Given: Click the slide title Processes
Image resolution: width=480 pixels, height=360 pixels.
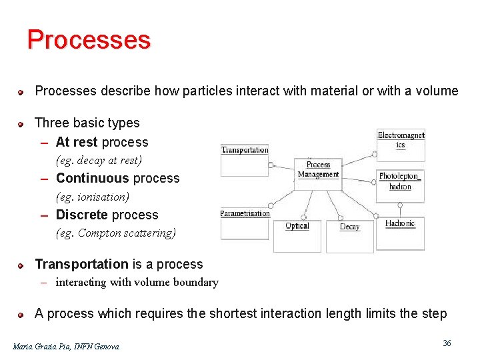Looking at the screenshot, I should pyautogui.click(x=89, y=40).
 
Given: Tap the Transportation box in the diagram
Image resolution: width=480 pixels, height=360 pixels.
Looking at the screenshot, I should pyautogui.click(x=244, y=160).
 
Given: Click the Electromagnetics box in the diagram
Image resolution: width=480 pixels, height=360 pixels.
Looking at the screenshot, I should pyautogui.click(x=401, y=143).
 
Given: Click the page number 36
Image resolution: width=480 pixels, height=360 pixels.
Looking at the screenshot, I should pyautogui.click(x=447, y=343).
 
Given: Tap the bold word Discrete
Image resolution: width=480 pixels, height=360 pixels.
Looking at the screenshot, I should pyautogui.click(x=81, y=215).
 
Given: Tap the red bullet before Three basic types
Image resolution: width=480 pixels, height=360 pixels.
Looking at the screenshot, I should pyautogui.click(x=21, y=124).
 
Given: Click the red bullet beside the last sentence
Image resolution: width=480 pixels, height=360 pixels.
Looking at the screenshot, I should pyautogui.click(x=21, y=315).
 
